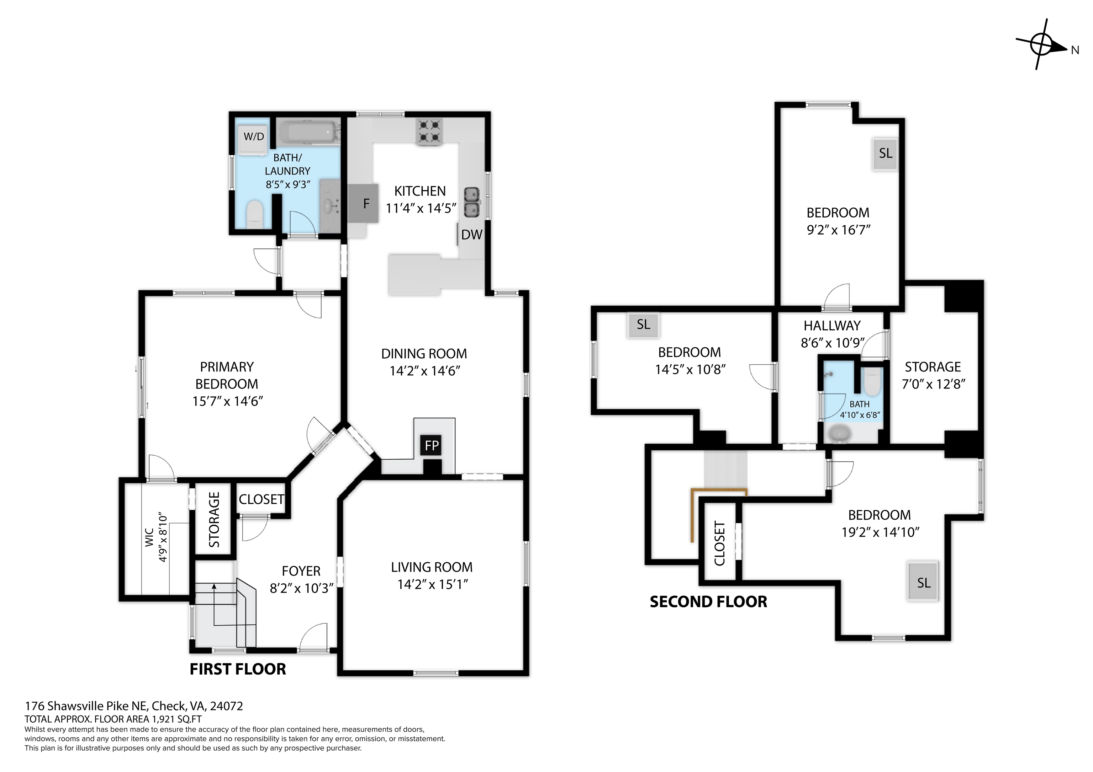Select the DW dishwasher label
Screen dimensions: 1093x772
tap(471, 235)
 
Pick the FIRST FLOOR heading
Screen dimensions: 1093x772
tap(238, 669)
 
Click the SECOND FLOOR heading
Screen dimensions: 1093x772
tap(708, 602)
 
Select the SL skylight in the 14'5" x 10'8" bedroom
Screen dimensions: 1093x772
tap(643, 325)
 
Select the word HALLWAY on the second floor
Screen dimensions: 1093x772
tap(832, 326)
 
